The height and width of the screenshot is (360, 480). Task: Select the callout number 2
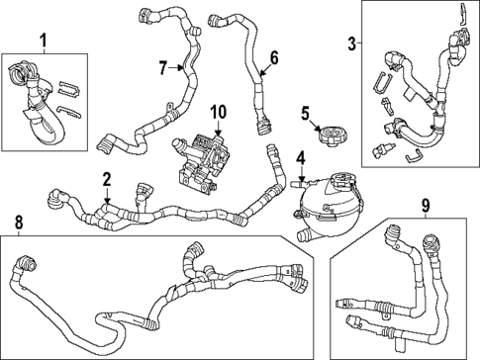point(106,179)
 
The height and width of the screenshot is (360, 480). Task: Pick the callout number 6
point(275,59)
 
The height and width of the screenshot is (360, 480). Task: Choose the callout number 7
point(164,67)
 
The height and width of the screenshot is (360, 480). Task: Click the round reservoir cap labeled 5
point(331,129)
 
